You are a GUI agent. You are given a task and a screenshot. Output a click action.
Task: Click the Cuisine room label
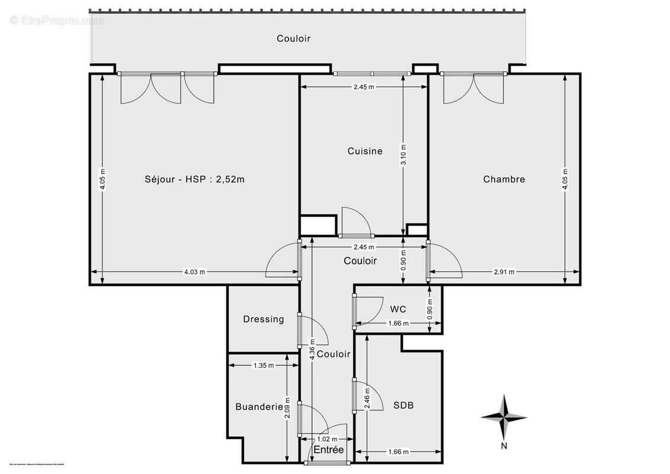click(x=364, y=151)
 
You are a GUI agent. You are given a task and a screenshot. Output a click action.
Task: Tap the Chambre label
click(x=504, y=179)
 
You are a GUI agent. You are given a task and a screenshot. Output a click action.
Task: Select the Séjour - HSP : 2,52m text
click(x=194, y=179)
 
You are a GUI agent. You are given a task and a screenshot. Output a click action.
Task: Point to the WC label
click(x=398, y=309)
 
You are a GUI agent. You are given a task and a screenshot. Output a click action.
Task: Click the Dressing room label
click(x=264, y=319)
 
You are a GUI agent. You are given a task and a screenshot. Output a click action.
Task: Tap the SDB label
click(x=403, y=406)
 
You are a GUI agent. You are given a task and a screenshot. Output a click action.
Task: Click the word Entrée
click(x=328, y=450)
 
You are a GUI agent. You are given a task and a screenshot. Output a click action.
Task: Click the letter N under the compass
click(x=504, y=446)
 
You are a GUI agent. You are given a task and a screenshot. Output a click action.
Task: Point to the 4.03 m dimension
click(x=194, y=272)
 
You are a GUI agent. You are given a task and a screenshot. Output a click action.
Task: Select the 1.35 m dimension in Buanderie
click(x=263, y=366)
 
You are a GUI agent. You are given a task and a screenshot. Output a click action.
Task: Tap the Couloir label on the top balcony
click(x=293, y=39)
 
